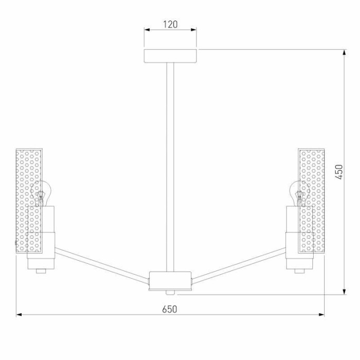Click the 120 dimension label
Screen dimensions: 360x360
tap(170, 24)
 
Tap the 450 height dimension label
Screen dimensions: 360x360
tap(339, 172)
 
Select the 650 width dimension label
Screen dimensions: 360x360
tap(170, 309)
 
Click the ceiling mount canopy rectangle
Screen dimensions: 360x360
tap(170, 56)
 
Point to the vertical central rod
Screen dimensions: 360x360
tap(170, 167)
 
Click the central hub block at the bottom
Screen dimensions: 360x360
tap(170, 281)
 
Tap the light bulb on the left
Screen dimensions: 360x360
tap(41, 193)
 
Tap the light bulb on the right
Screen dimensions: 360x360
tap(299, 193)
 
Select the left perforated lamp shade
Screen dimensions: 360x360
tap(29, 201)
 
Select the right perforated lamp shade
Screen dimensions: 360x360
tap(311, 201)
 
